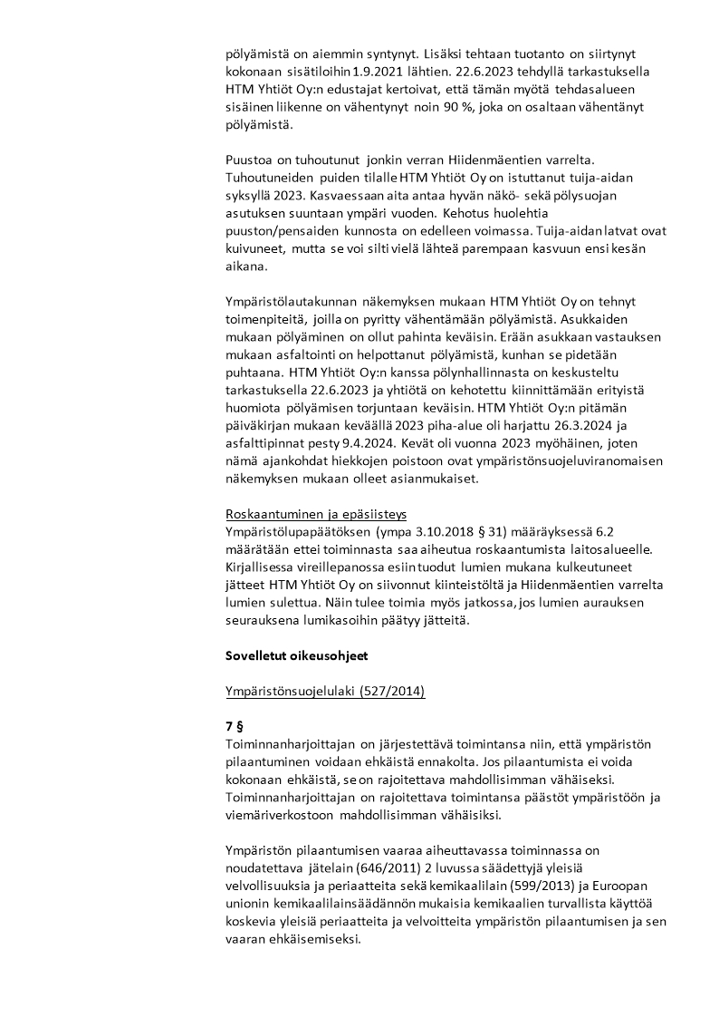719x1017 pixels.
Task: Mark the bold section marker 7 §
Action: (x=235, y=727)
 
